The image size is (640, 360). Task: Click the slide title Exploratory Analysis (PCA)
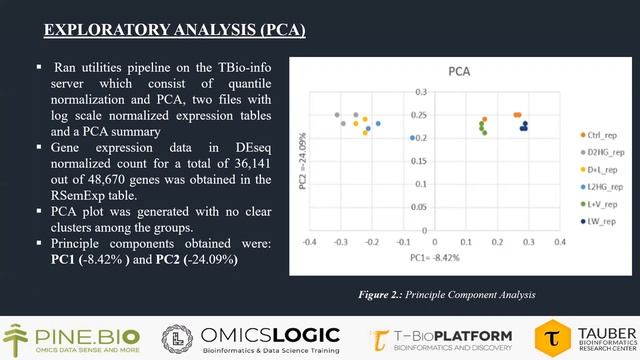coord(175,29)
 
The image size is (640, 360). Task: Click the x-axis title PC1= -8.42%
coord(430,256)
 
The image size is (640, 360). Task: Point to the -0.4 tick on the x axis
coord(309,242)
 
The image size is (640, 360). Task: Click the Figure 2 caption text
coord(448,294)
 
